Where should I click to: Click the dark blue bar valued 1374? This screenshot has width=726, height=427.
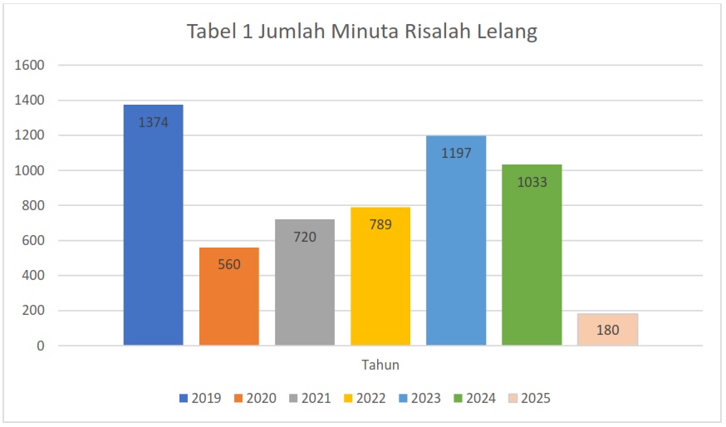[153, 224]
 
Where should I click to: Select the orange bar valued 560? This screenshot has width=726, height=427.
[228, 297]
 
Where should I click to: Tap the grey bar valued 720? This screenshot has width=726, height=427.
[305, 282]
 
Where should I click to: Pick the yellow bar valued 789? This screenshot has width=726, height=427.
[380, 276]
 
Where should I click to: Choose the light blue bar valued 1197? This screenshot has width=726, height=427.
[456, 240]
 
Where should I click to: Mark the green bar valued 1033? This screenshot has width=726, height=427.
[532, 254]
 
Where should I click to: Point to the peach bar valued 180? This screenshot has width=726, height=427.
[607, 330]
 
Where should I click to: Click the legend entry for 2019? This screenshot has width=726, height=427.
[200, 399]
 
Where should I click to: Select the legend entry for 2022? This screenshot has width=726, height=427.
[365, 399]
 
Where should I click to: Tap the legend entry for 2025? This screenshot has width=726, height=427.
[529, 399]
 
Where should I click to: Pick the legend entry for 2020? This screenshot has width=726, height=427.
[255, 399]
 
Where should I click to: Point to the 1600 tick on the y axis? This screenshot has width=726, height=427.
[30, 66]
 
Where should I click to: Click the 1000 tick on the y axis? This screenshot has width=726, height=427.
[30, 170]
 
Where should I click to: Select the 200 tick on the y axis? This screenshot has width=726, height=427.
[34, 311]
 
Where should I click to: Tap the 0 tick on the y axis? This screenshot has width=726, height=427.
[41, 346]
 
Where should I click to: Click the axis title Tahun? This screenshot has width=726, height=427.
[380, 364]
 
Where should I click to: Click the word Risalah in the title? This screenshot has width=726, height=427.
[436, 32]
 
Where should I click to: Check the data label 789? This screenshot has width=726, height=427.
[380, 224]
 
